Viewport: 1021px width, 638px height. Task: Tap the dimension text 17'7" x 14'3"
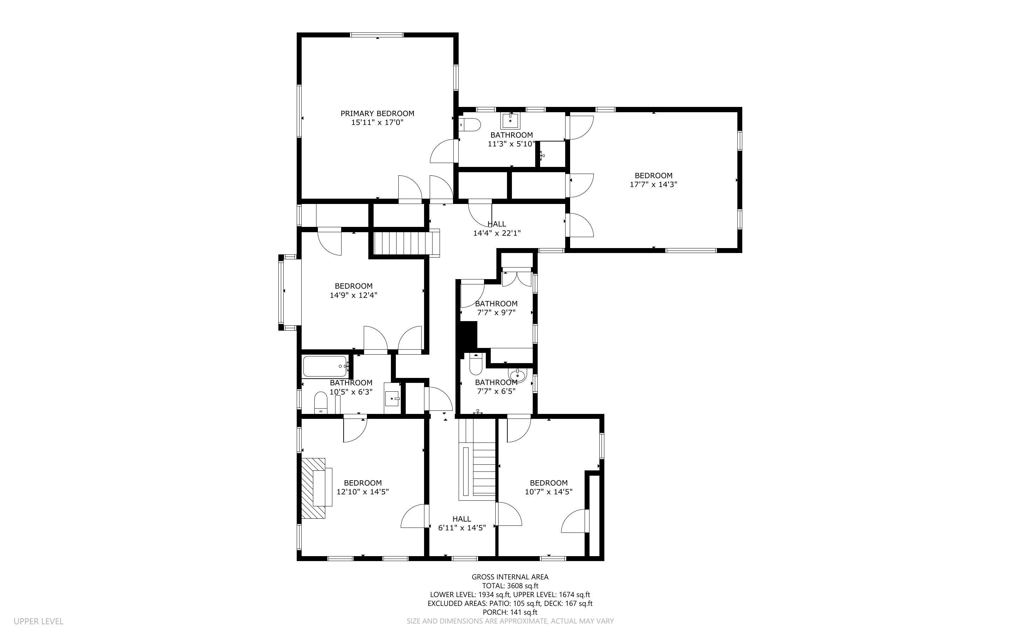(653, 185)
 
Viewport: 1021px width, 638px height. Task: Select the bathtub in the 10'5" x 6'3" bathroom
(325, 366)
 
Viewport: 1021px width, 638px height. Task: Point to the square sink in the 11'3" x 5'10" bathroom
(510, 121)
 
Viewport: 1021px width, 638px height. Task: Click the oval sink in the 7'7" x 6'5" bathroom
(518, 375)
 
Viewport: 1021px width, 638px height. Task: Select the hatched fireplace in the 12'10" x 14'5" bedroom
(313, 488)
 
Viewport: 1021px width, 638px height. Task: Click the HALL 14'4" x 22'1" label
(497, 228)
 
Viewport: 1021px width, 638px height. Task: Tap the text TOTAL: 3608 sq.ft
(510, 586)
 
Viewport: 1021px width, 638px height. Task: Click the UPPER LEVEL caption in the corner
(38, 621)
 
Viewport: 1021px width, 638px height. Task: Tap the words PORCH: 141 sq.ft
(510, 612)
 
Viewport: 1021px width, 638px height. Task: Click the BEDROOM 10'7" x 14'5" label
(548, 487)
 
